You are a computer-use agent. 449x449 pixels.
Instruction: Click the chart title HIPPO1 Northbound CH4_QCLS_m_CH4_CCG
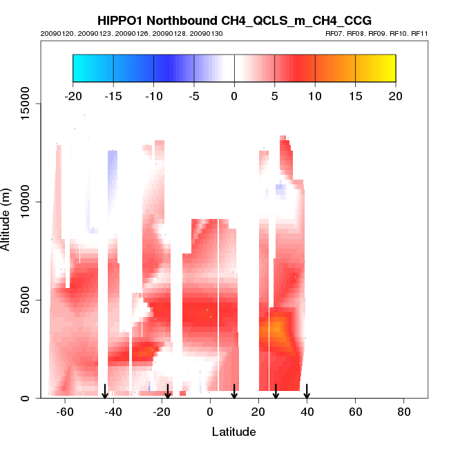click(x=234, y=21)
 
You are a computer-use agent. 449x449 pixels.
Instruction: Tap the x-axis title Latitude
click(x=234, y=432)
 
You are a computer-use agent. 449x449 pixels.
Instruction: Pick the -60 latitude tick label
click(x=65, y=413)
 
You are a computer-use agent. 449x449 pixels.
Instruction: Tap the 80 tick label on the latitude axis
click(x=404, y=413)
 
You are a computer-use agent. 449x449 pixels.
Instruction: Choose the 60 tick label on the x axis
click(x=356, y=413)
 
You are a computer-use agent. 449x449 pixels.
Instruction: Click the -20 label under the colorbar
click(x=73, y=95)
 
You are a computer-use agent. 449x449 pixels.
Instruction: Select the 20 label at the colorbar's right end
click(x=396, y=95)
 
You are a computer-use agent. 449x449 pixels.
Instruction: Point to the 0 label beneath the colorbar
click(x=234, y=95)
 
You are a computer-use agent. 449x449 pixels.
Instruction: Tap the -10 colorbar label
click(x=153, y=95)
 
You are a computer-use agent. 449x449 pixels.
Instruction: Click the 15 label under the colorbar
click(x=355, y=95)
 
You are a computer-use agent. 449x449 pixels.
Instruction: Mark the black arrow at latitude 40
click(x=307, y=391)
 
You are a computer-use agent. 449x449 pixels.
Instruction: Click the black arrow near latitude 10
click(x=234, y=391)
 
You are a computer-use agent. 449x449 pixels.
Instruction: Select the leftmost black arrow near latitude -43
click(x=105, y=391)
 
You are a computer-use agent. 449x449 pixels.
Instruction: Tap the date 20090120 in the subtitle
click(x=55, y=33)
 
